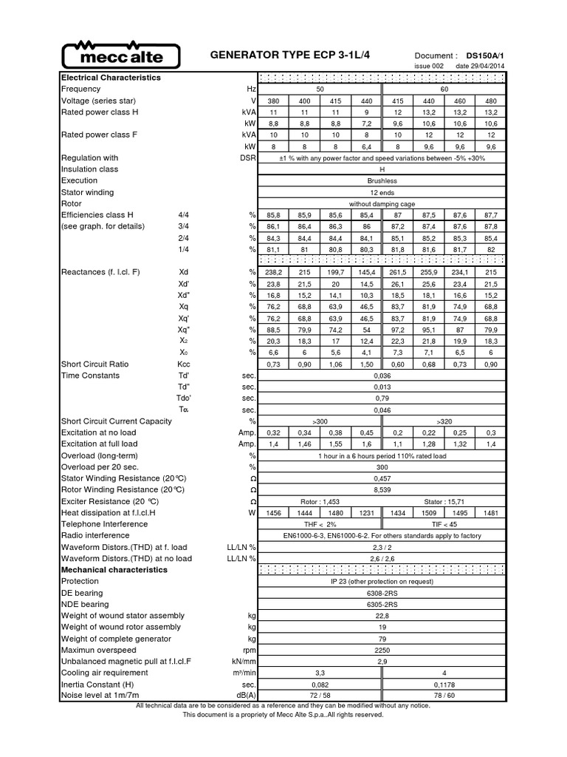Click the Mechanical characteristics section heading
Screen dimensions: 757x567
[x=114, y=570]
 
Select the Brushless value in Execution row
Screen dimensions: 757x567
[x=382, y=180]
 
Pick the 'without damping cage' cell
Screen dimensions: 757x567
[x=382, y=203]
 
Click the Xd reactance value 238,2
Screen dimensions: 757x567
[x=273, y=272]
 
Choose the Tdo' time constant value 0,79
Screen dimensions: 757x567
[x=382, y=398]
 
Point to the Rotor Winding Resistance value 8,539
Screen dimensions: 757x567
[x=382, y=489]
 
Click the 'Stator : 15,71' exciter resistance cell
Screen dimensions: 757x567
[x=444, y=501]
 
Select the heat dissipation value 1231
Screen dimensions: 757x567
[x=365, y=512]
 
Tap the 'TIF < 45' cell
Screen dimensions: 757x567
[x=444, y=524]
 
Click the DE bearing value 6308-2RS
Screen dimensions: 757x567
[x=382, y=593]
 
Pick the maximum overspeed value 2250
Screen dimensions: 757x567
[x=382, y=650]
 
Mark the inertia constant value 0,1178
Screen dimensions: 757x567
[x=444, y=685]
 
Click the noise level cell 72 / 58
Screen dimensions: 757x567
[x=319, y=696]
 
